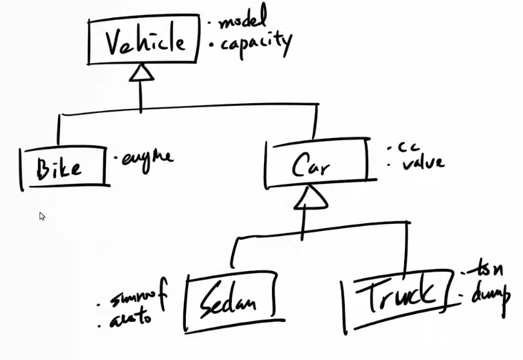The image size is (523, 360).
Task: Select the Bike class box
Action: (x=63, y=168)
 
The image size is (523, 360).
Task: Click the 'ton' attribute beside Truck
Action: (x=485, y=270)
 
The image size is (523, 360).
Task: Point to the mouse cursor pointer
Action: (x=42, y=216)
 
